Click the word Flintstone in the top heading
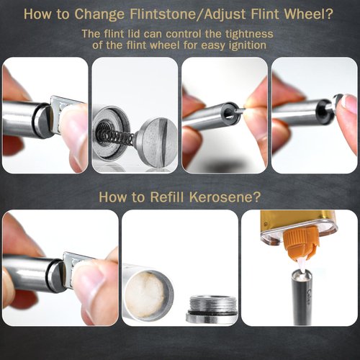point(162,14)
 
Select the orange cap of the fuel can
point(302,244)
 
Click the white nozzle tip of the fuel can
point(302,266)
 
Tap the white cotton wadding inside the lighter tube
point(148,294)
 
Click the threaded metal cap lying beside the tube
point(208,309)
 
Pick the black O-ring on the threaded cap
point(208,313)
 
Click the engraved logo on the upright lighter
point(308,296)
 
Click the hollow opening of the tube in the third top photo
point(230,112)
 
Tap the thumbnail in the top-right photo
point(349,104)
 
